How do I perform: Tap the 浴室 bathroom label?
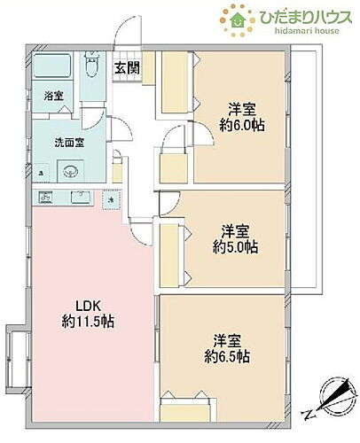(x=53, y=96)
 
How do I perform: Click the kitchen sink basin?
(x=82, y=197)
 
